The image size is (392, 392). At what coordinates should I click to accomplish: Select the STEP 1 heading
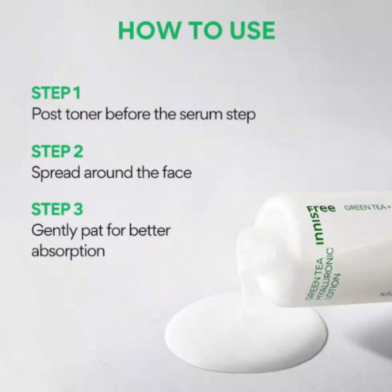click(56, 93)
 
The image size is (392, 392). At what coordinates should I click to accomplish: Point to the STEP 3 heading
click(57, 210)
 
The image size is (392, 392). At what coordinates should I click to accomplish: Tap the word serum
click(203, 115)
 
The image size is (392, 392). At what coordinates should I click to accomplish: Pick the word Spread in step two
click(56, 173)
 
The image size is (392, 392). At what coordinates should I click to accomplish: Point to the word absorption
click(68, 251)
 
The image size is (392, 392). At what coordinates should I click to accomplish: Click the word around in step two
click(107, 173)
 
